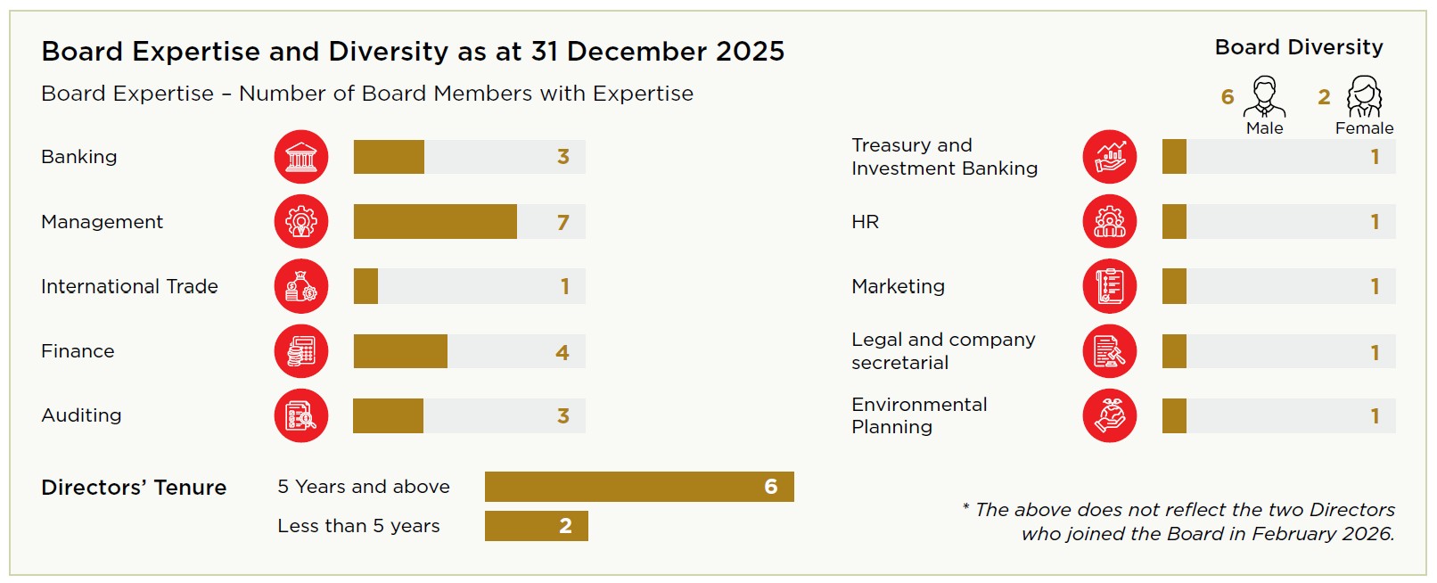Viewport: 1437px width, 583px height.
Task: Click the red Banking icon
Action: pyautogui.click(x=301, y=157)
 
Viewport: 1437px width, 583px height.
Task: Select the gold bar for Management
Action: pyautogui.click(x=435, y=222)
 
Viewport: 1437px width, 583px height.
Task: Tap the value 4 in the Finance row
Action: pyautogui.click(x=562, y=352)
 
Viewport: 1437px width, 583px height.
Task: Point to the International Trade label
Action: pyautogui.click(x=129, y=286)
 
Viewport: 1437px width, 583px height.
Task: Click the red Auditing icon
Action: pyautogui.click(x=301, y=415)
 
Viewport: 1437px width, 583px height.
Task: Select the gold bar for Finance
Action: pyautogui.click(x=400, y=351)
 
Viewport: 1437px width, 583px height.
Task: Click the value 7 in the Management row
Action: pyautogui.click(x=562, y=222)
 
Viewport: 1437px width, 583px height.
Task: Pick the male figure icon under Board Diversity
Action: pyautogui.click(x=1264, y=97)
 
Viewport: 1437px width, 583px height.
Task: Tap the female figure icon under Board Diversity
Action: pyautogui.click(x=1364, y=97)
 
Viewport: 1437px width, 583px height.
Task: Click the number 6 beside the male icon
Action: pyautogui.click(x=1228, y=97)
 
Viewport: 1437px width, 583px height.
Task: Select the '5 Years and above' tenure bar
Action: pyautogui.click(x=638, y=487)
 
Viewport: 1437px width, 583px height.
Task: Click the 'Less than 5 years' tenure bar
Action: pyautogui.click(x=536, y=526)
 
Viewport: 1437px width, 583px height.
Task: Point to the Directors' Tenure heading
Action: pyautogui.click(x=134, y=488)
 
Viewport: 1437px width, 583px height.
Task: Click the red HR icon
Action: pyautogui.click(x=1110, y=222)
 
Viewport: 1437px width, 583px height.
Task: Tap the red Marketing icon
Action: pyautogui.click(x=1110, y=286)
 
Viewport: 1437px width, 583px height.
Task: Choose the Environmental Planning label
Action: pyautogui.click(x=919, y=415)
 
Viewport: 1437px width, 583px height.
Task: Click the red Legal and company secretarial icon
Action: pyautogui.click(x=1110, y=351)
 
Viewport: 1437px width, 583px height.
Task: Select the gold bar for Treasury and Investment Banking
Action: pyautogui.click(x=1174, y=157)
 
